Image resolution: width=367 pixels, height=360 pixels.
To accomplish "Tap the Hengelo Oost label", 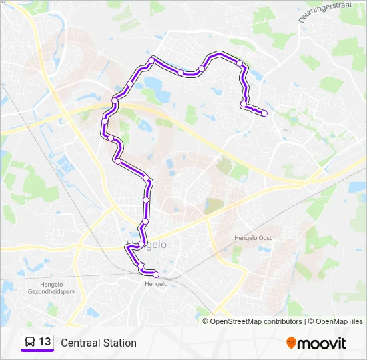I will pyautogui.click(x=253, y=238).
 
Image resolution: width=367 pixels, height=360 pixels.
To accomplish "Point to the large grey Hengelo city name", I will pyautogui.click(x=147, y=245).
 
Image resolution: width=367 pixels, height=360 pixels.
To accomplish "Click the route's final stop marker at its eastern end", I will pyautogui.click(x=264, y=113).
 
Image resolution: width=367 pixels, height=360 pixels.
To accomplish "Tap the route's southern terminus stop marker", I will pyautogui.click(x=156, y=274).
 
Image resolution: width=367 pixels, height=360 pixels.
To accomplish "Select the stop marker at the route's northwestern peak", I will pyautogui.click(x=152, y=60).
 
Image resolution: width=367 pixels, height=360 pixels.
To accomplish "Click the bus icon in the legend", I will pyautogui.click(x=30, y=343).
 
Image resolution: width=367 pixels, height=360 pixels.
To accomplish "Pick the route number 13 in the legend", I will pyautogui.click(x=45, y=342).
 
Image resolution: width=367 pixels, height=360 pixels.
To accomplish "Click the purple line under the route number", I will pyautogui.click(x=37, y=351).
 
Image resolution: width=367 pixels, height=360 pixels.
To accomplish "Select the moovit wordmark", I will pyautogui.click(x=322, y=343).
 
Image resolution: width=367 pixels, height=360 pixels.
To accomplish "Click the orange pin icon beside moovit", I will pyautogui.click(x=291, y=343).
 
